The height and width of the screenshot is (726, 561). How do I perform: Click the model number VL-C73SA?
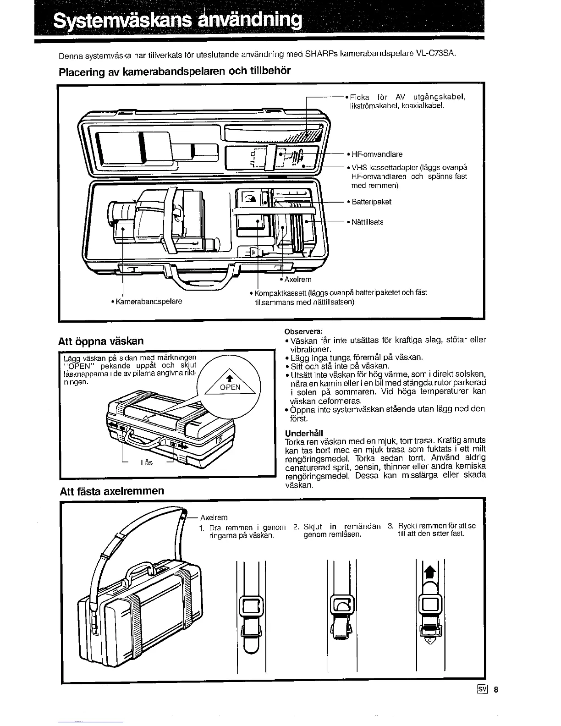[436, 54]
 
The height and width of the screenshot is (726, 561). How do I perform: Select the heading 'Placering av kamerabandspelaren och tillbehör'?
[175, 71]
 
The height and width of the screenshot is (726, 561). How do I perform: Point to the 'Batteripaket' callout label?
[371, 202]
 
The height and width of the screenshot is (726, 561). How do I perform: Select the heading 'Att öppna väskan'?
[101, 341]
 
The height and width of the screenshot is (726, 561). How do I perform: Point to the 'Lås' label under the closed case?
[146, 462]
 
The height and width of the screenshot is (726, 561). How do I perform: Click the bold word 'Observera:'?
[304, 331]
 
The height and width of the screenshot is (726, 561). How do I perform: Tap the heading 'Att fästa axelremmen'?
[112, 491]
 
